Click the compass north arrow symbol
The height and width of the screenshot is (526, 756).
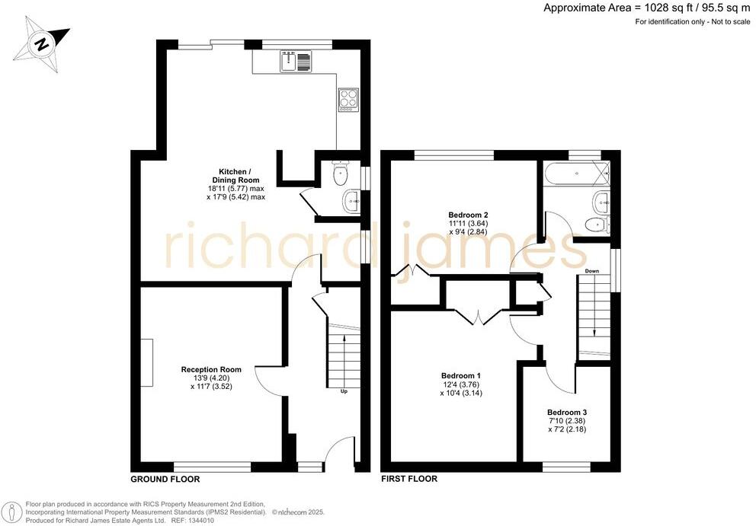pos(40,43)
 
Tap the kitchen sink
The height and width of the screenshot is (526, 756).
pos(296,61)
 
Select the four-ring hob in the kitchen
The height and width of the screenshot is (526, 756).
pos(348,99)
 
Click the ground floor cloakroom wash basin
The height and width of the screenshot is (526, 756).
pos(351,202)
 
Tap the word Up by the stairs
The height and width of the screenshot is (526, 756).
pos(344,393)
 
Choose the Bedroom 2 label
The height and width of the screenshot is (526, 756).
pos(468,215)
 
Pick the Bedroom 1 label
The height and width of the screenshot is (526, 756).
pos(461,376)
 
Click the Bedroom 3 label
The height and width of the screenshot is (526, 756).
pos(567,412)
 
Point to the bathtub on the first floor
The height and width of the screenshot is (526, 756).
pos(575,174)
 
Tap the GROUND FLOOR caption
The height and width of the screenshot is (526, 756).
pos(165,480)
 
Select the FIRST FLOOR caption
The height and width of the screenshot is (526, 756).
pos(409,480)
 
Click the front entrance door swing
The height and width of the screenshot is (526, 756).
pos(340,451)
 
